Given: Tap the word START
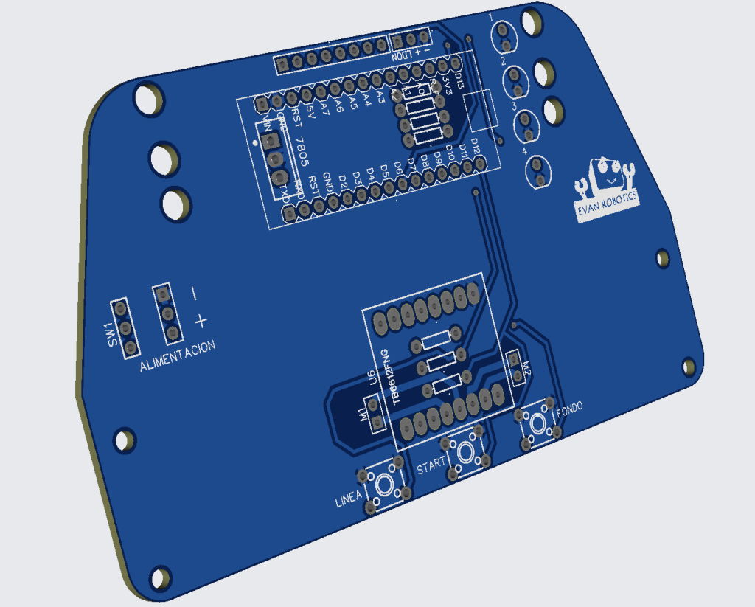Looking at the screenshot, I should [x=431, y=467].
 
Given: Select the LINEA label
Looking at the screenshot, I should [x=349, y=501].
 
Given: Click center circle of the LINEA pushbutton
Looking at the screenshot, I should [x=385, y=485].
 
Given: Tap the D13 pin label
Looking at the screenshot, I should [x=457, y=79].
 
